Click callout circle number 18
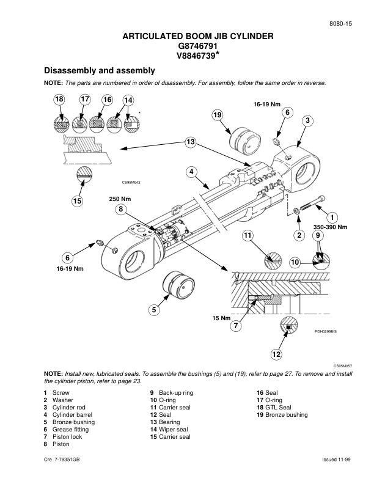(59, 100)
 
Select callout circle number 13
(191, 142)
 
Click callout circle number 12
(276, 354)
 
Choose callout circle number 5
(155, 310)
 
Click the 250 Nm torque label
(120, 199)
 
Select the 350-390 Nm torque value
(330, 227)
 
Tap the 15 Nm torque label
(221, 318)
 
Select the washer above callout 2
(296, 212)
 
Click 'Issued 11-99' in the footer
(338, 459)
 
